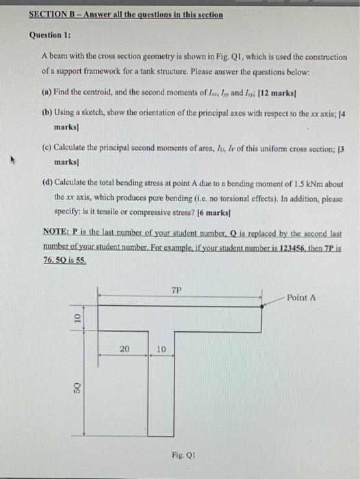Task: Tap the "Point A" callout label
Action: tap(301, 298)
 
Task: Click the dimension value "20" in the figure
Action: tap(125, 349)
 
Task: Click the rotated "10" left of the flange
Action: tap(77, 318)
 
